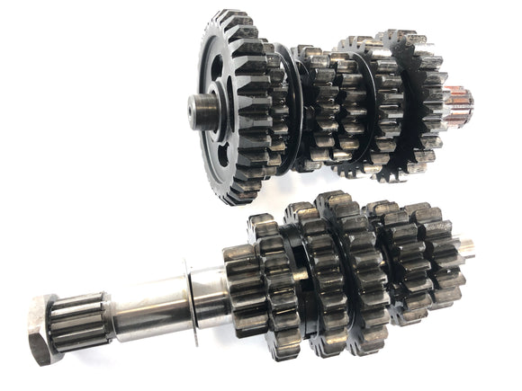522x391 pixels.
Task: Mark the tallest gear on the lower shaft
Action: click(346, 270)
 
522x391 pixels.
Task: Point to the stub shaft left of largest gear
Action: click(200, 110)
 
